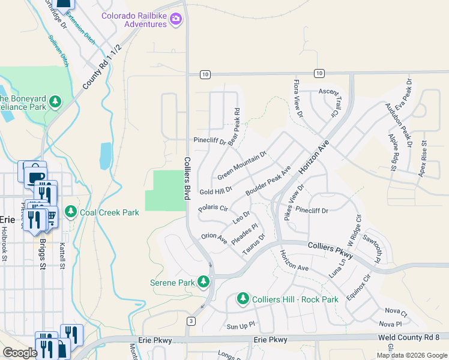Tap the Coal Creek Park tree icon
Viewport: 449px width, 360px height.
[x=71, y=212]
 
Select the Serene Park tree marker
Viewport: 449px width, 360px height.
[x=203, y=282]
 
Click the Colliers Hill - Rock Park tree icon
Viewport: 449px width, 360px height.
[x=243, y=299]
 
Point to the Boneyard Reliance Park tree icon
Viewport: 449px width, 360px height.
[x=55, y=102]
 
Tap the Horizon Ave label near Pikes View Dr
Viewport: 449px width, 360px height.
[x=315, y=163]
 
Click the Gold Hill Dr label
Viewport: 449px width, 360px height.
[x=215, y=191]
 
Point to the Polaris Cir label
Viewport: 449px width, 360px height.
[x=214, y=209]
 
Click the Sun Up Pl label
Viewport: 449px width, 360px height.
[x=241, y=327]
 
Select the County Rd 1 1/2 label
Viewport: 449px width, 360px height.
[x=102, y=67]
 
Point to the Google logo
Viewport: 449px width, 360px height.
[x=20, y=352]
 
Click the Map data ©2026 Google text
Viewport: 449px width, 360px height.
[x=411, y=355]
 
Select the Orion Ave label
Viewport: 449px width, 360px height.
[x=214, y=238]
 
